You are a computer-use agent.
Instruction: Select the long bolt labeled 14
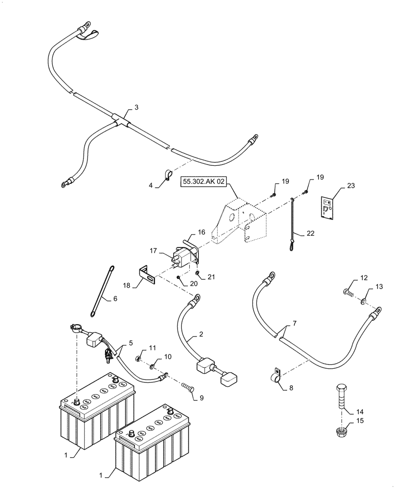341,396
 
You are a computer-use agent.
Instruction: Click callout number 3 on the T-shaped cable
136,106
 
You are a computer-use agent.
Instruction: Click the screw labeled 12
348,294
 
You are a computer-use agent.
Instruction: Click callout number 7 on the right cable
294,324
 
